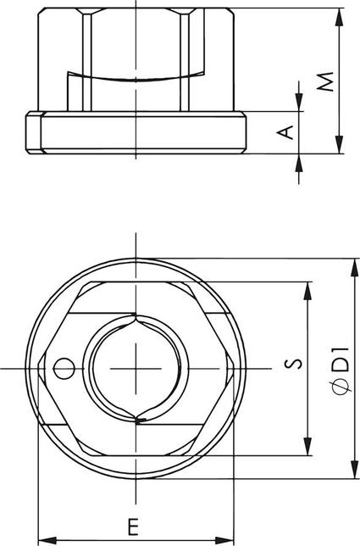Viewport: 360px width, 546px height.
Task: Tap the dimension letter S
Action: [x=292, y=365]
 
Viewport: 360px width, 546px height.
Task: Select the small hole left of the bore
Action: [x=60, y=367]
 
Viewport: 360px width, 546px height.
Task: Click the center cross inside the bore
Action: [x=137, y=367]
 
